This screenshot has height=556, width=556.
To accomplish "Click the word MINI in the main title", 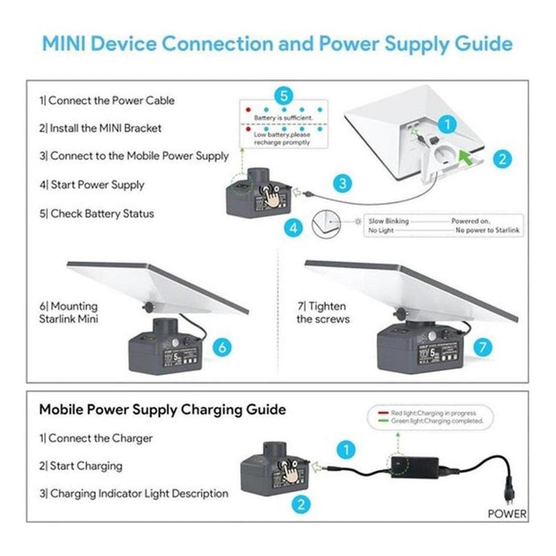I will tap(73, 44).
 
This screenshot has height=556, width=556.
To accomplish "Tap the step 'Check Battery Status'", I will tap(102, 213).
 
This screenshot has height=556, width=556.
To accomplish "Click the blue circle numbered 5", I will tap(282, 96).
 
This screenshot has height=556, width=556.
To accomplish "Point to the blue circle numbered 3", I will tap(341, 183).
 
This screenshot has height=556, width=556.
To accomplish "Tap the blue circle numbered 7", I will tap(484, 345).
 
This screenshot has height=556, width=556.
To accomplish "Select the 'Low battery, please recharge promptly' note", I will tap(281, 138).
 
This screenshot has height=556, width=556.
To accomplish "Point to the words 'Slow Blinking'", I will tap(388, 221).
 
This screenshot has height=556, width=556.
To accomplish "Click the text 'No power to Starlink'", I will tap(488, 229).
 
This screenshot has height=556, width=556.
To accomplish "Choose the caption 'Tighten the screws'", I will tap(322, 313).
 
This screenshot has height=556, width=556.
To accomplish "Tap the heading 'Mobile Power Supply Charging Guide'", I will tap(163, 410).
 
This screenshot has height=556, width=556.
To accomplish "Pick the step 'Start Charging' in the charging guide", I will tap(81, 466).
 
